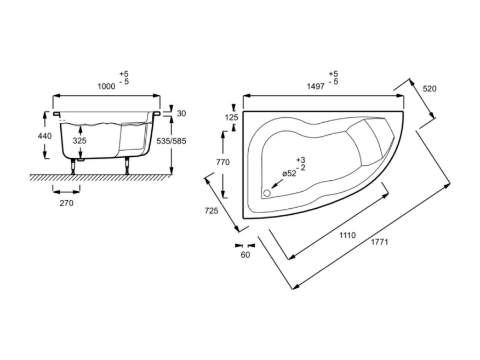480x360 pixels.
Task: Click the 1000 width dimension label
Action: (106, 87)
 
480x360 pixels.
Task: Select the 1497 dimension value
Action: (316, 87)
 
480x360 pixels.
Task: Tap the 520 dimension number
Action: (430, 89)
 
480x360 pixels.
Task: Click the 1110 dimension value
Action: (347, 235)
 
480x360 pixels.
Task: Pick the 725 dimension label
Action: (211, 210)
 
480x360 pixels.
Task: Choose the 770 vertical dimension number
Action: (223, 162)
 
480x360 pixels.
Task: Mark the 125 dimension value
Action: (231, 118)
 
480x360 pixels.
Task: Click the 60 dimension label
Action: (245, 255)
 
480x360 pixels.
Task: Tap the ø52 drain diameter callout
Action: (289, 174)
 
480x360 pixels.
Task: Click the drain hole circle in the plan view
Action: (267, 193)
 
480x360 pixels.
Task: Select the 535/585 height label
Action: (172, 141)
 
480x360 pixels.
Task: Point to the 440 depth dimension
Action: (45, 135)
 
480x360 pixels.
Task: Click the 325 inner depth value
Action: (79, 141)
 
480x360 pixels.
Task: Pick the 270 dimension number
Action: (66, 203)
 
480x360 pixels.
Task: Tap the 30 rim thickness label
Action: (181, 113)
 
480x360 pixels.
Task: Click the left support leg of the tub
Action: (73, 167)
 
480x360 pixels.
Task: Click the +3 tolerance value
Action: (301, 160)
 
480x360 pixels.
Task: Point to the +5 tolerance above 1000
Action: (124, 74)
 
